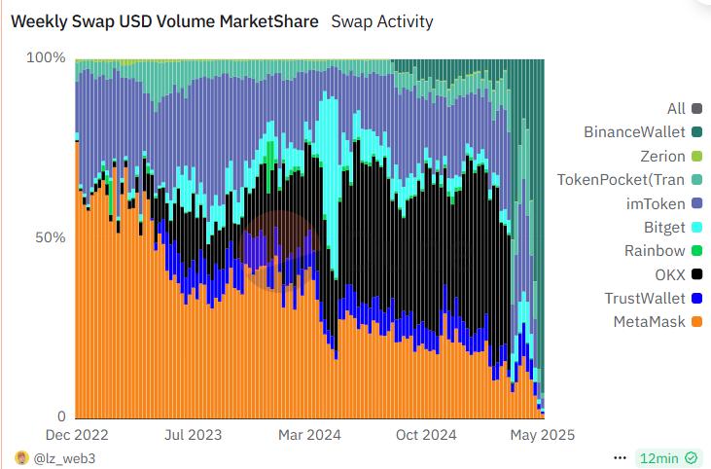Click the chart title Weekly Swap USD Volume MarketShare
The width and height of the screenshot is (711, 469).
click(163, 21)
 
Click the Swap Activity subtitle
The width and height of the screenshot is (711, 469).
click(382, 21)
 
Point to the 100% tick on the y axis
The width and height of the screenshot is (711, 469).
click(46, 58)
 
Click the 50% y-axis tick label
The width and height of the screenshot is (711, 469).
click(50, 238)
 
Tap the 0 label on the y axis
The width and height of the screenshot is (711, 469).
click(60, 416)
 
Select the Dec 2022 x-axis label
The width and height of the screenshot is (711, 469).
click(77, 435)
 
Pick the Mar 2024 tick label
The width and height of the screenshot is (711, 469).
click(309, 435)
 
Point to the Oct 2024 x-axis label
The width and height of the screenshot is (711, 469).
click(425, 435)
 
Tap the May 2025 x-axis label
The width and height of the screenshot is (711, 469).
click(543, 435)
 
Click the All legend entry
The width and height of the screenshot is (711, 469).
click(676, 109)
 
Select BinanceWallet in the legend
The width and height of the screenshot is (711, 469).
click(634, 132)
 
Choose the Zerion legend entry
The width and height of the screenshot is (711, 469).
click(662, 156)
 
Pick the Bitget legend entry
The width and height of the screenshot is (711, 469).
click(663, 227)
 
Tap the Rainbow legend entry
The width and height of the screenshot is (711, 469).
click(655, 251)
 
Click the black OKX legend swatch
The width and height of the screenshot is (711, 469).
click(696, 274)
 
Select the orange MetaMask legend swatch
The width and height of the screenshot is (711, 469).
click(696, 322)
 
